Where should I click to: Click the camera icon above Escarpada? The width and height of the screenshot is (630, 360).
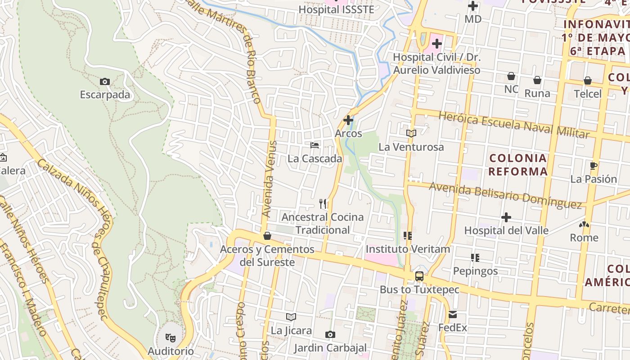104,81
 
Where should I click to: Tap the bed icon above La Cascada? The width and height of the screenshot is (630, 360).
315,145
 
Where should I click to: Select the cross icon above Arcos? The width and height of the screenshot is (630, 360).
348,120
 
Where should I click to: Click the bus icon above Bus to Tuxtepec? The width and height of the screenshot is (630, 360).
419,276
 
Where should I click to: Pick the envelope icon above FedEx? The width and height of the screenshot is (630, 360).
452,315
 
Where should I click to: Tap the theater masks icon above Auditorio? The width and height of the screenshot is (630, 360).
170,337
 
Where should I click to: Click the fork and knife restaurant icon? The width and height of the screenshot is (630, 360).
323,204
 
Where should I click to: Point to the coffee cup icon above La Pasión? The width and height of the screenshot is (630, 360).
593,166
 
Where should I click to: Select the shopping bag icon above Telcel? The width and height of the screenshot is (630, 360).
587,81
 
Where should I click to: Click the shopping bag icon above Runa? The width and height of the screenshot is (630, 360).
537,80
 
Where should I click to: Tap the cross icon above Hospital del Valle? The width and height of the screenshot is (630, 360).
506,217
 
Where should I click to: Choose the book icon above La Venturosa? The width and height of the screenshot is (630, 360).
411,133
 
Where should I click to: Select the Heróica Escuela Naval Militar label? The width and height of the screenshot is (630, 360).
513,125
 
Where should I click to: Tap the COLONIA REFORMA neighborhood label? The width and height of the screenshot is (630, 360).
518,165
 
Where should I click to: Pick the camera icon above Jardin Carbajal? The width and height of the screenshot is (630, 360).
330,334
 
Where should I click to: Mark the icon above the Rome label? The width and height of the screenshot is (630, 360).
584,224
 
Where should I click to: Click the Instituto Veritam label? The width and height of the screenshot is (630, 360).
408,249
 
